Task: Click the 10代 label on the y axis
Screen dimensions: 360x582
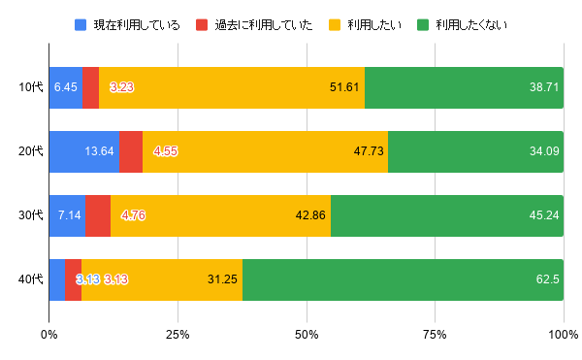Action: pos(31,87)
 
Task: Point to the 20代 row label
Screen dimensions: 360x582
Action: pos(31,150)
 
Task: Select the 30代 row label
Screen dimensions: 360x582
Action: pos(31,214)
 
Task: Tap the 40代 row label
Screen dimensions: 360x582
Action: pos(31,279)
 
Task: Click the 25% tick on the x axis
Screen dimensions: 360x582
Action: pos(178,335)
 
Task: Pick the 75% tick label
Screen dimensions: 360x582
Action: pos(435,335)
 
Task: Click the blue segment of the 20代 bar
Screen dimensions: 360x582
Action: pos(84,150)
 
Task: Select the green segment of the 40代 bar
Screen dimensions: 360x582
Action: pos(403,279)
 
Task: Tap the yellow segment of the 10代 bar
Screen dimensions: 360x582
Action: pos(232,87)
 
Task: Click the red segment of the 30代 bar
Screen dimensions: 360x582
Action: pos(98,214)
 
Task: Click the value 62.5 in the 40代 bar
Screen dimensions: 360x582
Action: pos(544,279)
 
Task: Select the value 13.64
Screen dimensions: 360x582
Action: pos(100,150)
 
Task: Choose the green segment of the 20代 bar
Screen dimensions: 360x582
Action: pos(475,150)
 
